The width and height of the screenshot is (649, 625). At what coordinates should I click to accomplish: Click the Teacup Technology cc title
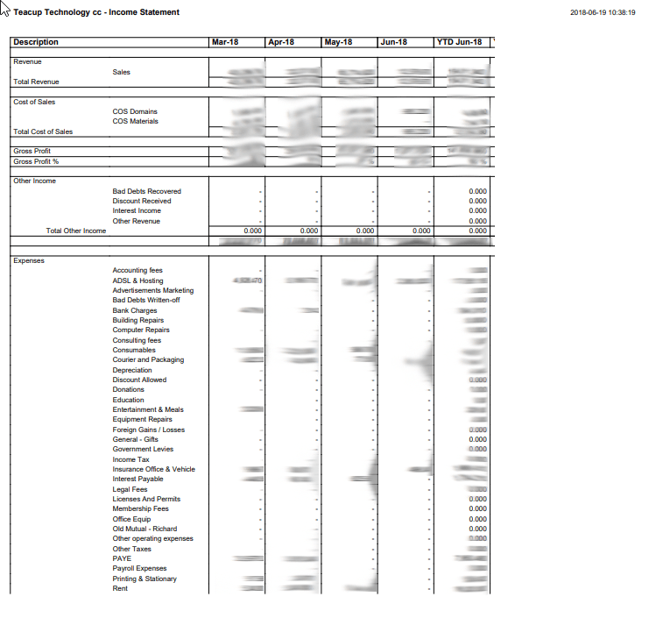pos(96,12)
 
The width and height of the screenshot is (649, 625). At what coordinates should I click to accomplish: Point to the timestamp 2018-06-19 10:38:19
pos(603,12)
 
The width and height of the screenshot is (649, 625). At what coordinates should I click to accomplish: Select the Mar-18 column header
pos(224,42)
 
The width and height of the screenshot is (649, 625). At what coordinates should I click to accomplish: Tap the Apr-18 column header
pos(280,42)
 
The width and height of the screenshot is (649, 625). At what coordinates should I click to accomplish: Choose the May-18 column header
pos(338,42)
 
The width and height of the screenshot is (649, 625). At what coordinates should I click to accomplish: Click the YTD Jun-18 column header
pos(459,42)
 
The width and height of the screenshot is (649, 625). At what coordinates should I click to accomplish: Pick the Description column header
pos(36,42)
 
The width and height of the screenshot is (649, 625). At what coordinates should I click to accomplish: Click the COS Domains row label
pos(135,111)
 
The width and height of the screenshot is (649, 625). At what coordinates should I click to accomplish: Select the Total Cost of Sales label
pos(43,131)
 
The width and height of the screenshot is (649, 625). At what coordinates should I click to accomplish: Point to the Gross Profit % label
pos(36,161)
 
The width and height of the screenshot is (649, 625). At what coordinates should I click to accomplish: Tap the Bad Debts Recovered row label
pos(147,191)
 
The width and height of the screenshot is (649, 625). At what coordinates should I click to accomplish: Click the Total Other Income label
pos(75,231)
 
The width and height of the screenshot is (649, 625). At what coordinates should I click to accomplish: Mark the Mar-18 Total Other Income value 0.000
pos(252,231)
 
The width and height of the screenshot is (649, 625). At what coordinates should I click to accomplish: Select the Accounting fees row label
pos(138,270)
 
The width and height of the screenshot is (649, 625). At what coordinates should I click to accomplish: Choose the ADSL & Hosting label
pos(138,281)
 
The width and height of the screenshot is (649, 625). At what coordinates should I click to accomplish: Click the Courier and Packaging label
pos(148,359)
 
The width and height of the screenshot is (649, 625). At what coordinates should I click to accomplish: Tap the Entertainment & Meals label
pos(148,409)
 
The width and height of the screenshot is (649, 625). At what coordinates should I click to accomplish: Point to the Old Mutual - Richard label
pos(145,529)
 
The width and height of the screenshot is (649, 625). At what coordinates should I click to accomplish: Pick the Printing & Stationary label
pos(145,579)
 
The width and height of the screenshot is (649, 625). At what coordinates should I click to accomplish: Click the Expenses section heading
pos(29,260)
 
